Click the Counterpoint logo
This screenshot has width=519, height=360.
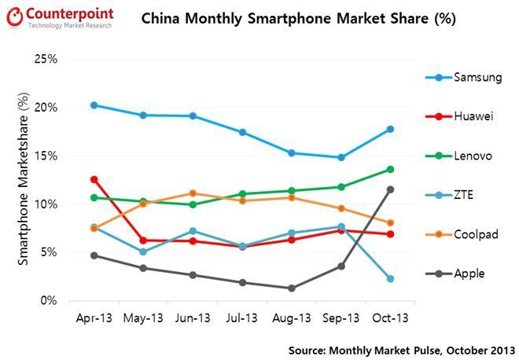[59, 17]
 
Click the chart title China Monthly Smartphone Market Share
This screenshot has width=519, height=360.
[298, 18]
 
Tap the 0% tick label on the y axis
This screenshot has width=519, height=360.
[49, 301]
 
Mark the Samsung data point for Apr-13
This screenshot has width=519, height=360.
[94, 105]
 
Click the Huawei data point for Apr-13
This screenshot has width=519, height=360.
[94, 179]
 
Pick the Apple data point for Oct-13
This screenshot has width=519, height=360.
[390, 189]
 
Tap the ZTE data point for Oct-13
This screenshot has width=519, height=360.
[390, 278]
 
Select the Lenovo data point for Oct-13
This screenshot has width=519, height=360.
[390, 169]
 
